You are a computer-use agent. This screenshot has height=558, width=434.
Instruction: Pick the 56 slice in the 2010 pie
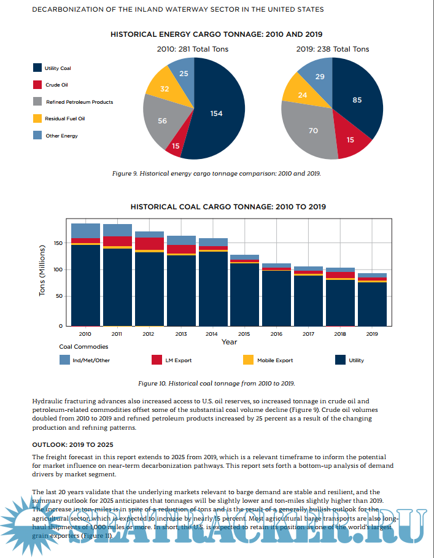162,121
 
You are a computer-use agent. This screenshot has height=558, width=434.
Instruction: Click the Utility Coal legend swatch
38,68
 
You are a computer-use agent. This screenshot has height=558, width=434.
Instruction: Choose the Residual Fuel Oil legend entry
64,118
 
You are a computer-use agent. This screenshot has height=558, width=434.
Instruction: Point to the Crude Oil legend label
56,85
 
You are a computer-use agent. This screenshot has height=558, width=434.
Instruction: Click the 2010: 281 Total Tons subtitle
193,49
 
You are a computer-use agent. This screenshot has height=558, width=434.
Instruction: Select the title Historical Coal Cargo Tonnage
228,207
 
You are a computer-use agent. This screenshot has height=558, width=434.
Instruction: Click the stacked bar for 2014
213,282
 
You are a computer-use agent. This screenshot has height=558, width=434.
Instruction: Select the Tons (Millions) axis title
42,271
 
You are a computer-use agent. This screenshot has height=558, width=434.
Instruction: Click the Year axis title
230,341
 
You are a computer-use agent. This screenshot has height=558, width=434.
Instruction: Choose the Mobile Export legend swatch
247,360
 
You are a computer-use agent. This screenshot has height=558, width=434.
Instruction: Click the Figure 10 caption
216,384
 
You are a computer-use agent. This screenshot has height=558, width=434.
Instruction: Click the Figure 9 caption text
216,174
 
